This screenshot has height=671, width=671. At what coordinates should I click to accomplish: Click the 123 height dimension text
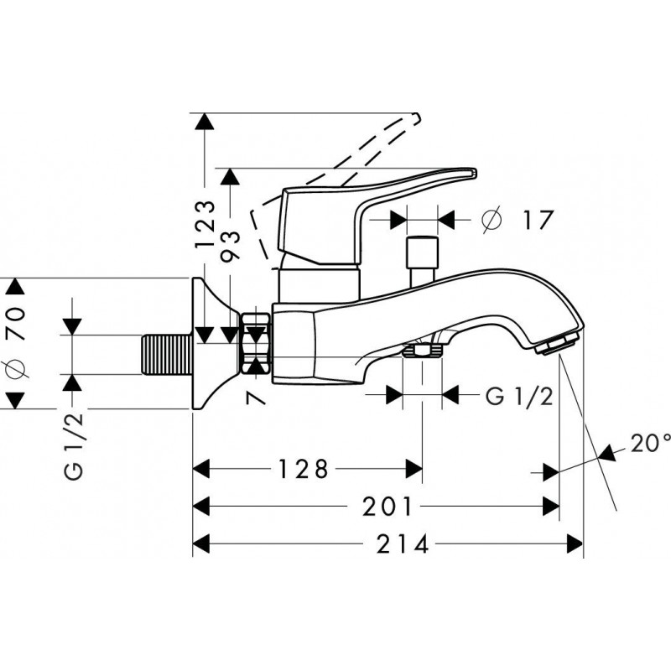click(205, 223)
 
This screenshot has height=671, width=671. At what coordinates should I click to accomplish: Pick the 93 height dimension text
click(232, 246)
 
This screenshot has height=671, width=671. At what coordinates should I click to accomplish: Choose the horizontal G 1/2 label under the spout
click(519, 396)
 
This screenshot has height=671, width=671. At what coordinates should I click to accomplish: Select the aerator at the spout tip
click(559, 344)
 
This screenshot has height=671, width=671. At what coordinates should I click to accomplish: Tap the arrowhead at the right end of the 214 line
click(576, 544)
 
